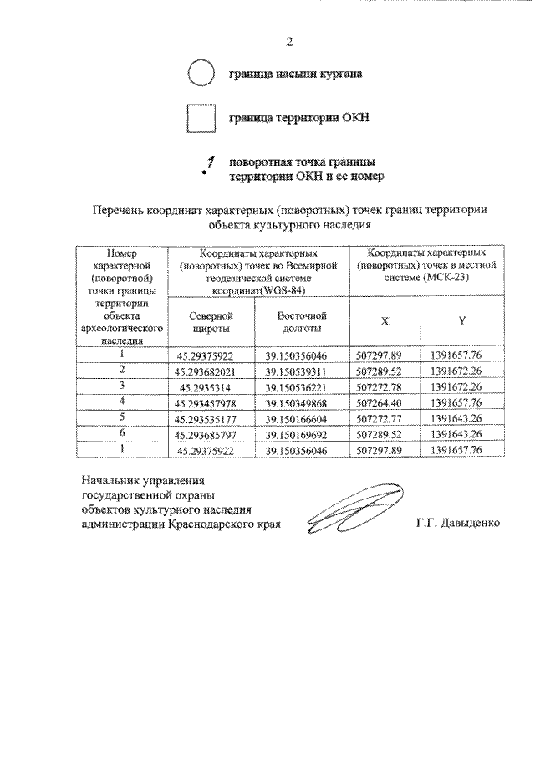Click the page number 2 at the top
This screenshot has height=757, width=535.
tap(288, 41)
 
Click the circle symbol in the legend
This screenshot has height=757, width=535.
tap(201, 74)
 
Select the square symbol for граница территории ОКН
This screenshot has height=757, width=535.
tap(201, 117)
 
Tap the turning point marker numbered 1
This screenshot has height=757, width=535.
tap(208, 165)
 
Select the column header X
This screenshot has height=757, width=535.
tap(385, 320)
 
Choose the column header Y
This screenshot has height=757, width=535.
tap(461, 320)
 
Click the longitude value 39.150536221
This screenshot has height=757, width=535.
tap(302, 386)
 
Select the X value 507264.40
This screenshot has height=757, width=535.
tap(385, 402)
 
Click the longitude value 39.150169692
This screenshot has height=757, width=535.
tap(302, 435)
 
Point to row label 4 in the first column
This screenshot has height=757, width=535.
tap(122, 401)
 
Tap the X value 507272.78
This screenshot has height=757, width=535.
tap(385, 386)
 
